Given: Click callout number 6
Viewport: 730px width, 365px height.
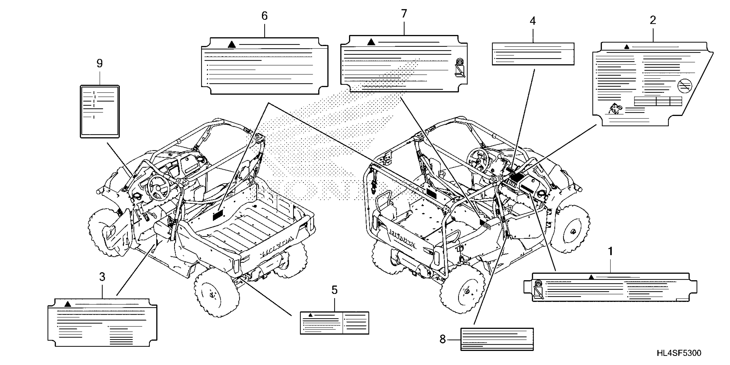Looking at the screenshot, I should click(264, 16).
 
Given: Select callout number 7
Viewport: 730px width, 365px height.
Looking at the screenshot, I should click(404, 14).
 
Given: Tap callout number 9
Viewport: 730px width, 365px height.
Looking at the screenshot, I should click(99, 64).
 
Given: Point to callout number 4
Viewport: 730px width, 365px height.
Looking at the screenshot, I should click(533, 21).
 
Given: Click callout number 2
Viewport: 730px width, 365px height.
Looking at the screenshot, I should click(653, 20).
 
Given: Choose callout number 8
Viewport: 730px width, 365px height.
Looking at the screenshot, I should click(442, 339).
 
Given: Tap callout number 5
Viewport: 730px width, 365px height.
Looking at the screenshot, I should click(334, 290).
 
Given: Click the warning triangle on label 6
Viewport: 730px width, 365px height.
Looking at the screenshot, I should click(232, 45).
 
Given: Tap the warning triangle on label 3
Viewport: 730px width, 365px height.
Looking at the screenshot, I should click(67, 304).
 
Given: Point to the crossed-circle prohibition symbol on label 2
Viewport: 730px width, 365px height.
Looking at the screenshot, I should click(685, 85).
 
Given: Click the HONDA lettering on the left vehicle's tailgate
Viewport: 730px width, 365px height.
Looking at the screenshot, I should click(277, 247).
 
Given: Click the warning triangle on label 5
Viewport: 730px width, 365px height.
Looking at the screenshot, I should click(310, 315).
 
